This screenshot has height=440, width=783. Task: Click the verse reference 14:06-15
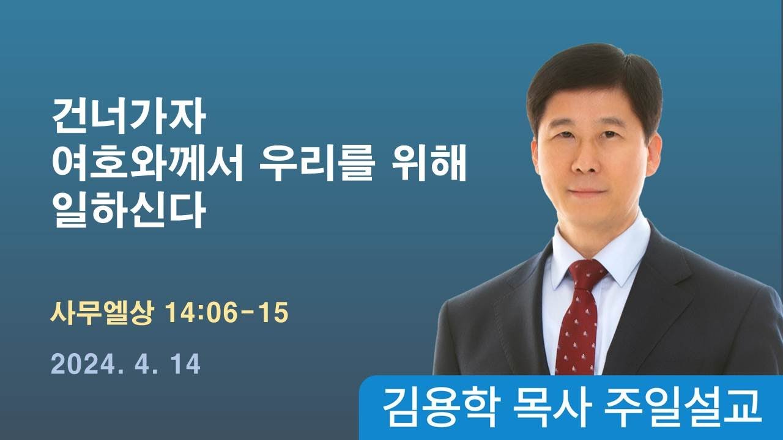click(x=227, y=313)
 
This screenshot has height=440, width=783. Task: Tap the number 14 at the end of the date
click(x=185, y=365)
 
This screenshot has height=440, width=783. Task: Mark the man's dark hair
click(x=593, y=73)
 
